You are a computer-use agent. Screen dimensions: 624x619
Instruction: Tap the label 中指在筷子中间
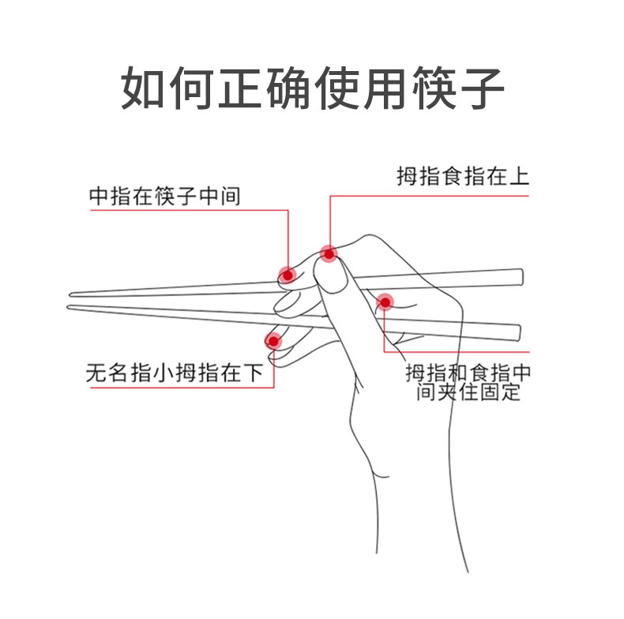coord(164,196)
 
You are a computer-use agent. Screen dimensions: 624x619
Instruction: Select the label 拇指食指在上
coord(462,176)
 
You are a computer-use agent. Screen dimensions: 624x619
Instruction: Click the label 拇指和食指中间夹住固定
coord(468,381)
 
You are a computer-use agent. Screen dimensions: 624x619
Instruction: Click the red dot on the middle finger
coord(288,275)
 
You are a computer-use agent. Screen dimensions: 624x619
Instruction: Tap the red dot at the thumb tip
coord(329,253)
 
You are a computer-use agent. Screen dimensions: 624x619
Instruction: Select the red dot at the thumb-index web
coord(385,301)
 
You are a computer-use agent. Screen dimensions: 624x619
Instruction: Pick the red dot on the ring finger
coord(273,340)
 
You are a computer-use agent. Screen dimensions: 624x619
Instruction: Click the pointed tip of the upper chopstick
coord(71,295)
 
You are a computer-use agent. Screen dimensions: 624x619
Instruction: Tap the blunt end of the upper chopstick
coord(520,276)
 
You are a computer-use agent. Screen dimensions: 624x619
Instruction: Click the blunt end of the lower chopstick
coord(518,332)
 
